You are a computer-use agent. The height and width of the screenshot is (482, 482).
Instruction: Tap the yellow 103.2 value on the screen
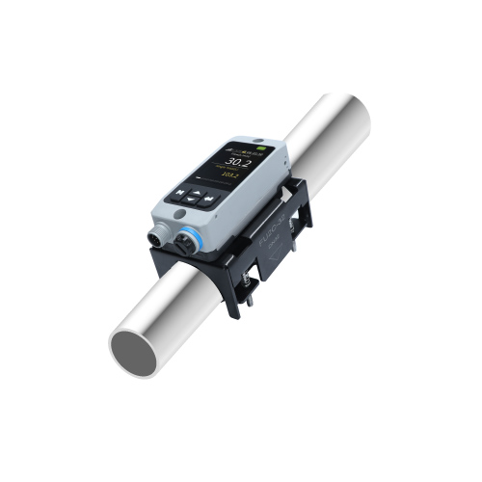click(x=228, y=174)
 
